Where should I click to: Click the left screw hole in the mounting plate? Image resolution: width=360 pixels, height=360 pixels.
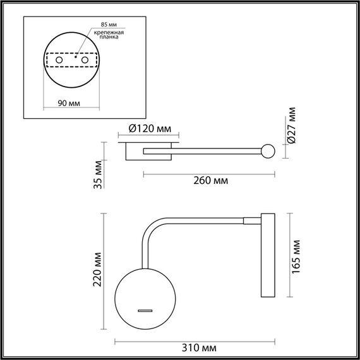(x=59, y=60)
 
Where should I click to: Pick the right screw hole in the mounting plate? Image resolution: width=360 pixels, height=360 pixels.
(x=83, y=60)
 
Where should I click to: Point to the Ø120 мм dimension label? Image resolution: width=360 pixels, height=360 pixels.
(x=150, y=128)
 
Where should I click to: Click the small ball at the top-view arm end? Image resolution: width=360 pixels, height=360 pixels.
(x=268, y=152)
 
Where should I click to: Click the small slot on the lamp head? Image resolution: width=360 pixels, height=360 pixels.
(x=146, y=311)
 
